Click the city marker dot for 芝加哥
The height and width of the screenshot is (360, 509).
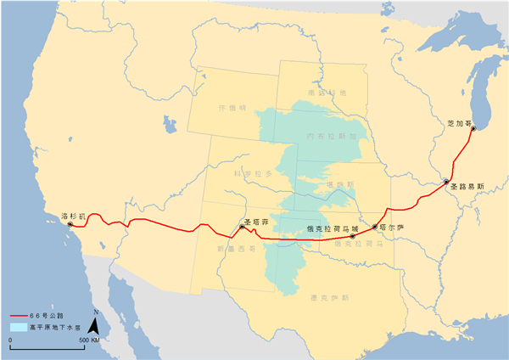[x=473, y=129]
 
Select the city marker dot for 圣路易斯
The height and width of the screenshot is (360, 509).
[x=446, y=181]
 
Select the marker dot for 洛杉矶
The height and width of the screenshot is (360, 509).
[x=70, y=224]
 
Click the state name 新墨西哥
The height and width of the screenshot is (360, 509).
[x=230, y=248]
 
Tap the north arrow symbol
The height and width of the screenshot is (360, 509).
[x=96, y=323]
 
